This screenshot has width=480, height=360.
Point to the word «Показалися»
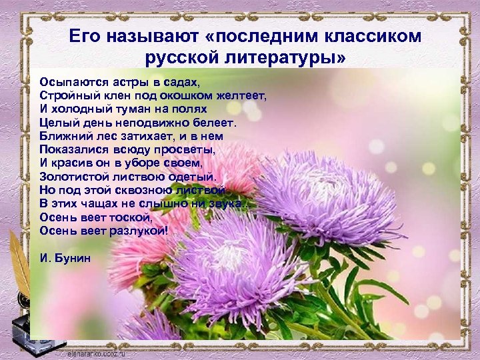(69, 149)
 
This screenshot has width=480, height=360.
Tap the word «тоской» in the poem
(133, 217)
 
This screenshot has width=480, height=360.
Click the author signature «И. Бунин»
(65, 258)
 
